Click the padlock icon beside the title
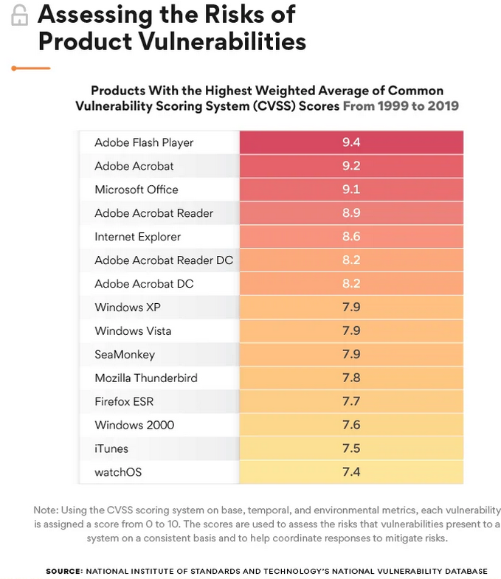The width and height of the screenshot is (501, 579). coord(20,15)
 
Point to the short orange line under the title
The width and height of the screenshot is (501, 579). coord(31,68)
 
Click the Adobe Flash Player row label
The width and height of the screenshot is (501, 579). coord(144,142)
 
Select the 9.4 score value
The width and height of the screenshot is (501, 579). coord(351,142)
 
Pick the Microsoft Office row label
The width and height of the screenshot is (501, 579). coord(137,190)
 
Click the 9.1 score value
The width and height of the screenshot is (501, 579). coord(351,190)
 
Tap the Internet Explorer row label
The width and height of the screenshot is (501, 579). coord(137,237)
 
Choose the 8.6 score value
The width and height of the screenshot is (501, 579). coord(351,237)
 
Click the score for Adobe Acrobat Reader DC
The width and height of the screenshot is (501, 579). coord(351,260)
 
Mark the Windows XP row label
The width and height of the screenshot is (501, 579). coord(128,308)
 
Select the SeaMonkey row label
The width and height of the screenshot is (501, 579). coord(125,355)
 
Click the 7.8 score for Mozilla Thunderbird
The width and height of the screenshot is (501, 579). coord(351,378)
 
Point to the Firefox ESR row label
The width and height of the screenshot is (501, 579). coord(124,402)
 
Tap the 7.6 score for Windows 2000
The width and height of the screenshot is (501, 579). coord(351,426)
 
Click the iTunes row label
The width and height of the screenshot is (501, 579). coord(111,449)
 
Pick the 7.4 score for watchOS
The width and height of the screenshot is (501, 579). coord(351,473)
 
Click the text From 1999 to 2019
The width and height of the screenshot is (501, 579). coord(401,106)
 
